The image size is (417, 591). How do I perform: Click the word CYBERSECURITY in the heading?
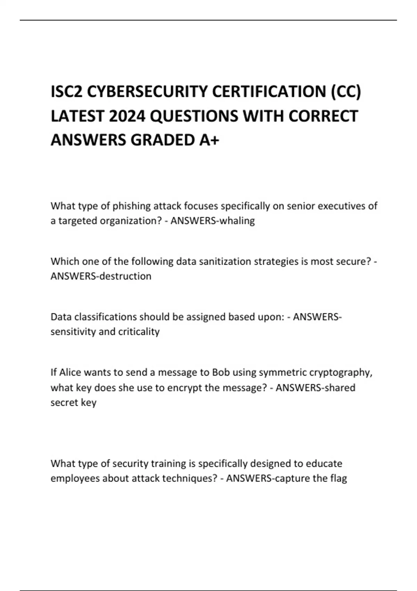coord(147,92)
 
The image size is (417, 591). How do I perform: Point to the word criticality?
coord(139,332)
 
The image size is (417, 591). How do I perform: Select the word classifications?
coord(105,317)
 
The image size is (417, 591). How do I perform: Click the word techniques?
coord(187,479)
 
